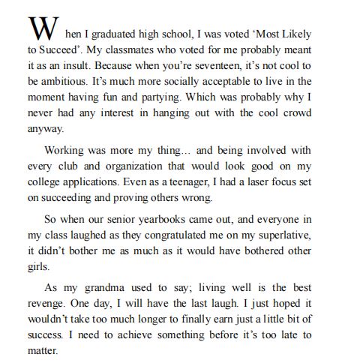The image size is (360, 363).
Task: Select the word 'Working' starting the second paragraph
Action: (67, 150)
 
